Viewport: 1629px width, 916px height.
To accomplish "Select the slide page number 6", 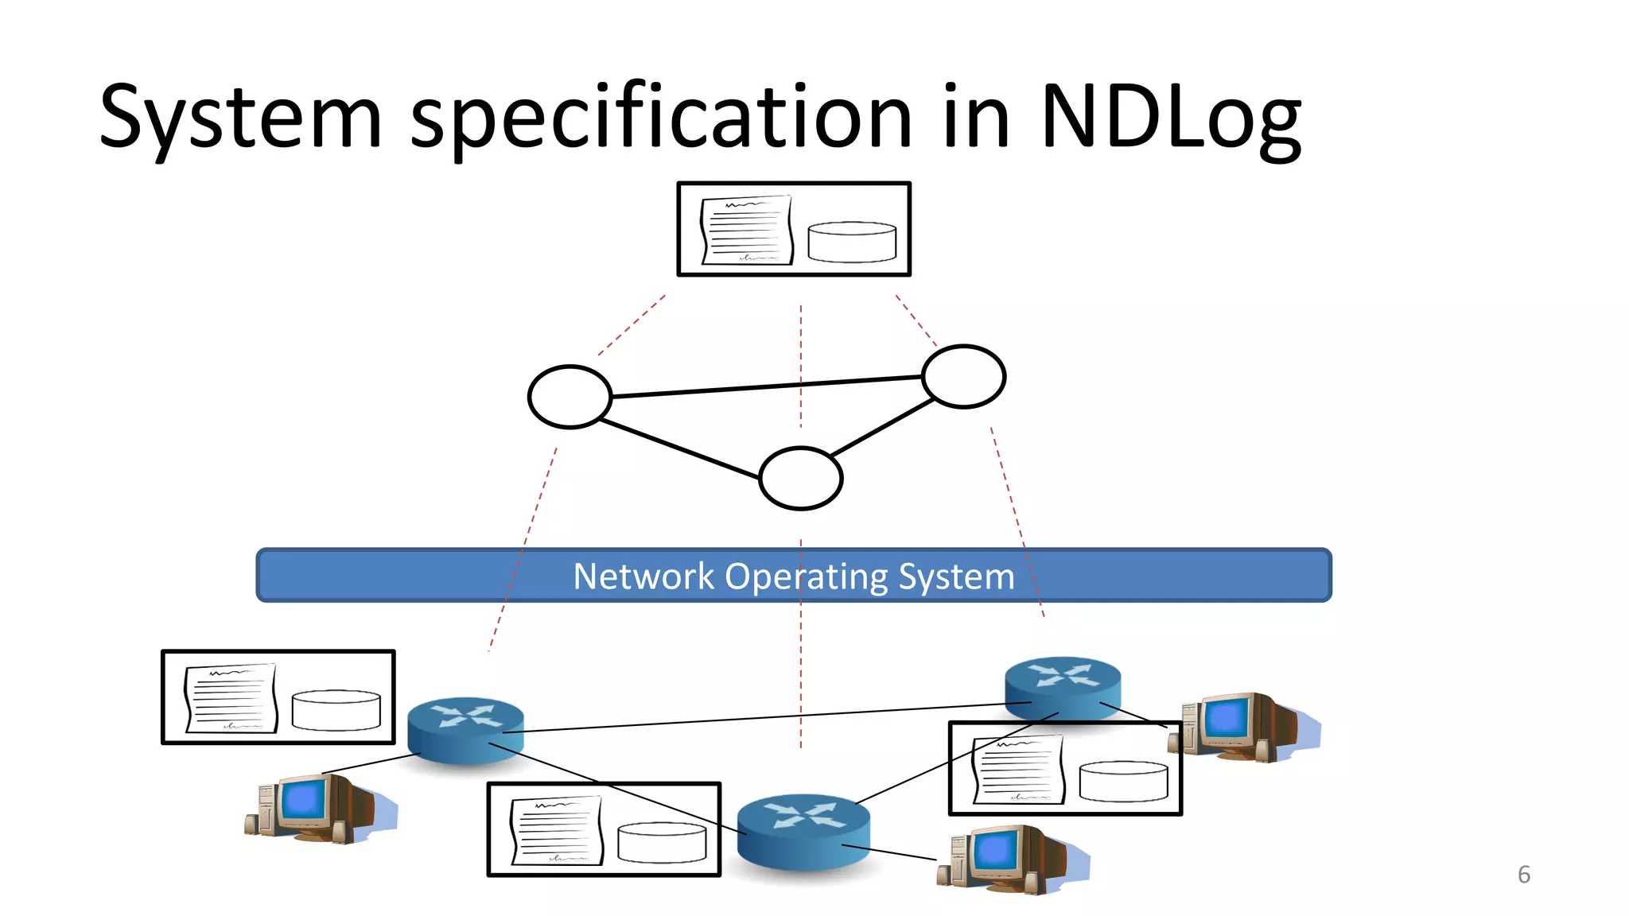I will point(1523,875).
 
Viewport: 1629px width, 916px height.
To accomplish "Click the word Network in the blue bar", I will point(643,576).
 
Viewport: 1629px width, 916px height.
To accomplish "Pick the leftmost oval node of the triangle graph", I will point(570,397).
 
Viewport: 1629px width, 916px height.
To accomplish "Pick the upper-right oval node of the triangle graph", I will point(963,376).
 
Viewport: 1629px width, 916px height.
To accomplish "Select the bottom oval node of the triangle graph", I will point(800,478).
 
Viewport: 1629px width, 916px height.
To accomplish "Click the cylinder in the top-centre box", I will point(852,242).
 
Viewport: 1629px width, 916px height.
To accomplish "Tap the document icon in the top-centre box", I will point(747,230).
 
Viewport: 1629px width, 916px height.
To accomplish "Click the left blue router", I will point(465,729).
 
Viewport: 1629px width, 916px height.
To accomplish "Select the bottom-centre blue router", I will point(803,830).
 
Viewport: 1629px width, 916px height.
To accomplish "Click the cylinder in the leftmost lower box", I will point(336,710).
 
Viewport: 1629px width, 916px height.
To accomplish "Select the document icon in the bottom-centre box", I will point(556,830).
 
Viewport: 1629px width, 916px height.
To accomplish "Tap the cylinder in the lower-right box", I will point(1123,781).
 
